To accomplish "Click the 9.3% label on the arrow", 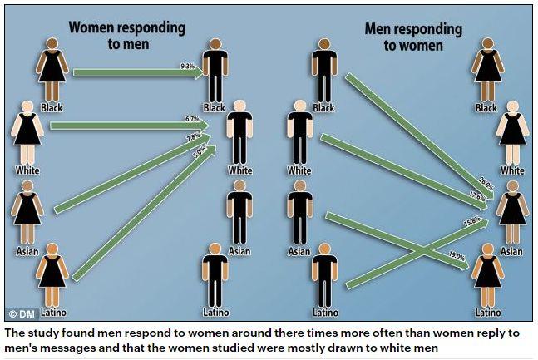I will tap(188, 67).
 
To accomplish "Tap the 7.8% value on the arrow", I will tap(193, 136).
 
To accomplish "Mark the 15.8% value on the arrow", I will tap(473, 222).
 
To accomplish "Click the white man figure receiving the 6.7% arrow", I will tap(240, 133).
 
